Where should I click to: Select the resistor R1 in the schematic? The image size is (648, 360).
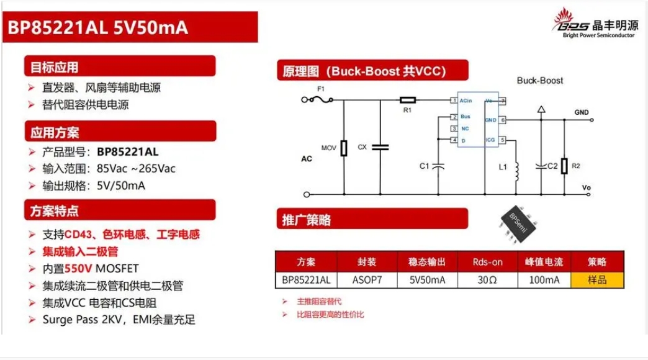(x=408, y=99)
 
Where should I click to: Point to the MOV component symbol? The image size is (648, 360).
(x=343, y=149)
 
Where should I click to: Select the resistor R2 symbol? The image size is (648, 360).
(x=564, y=166)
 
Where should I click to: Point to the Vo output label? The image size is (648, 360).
(x=586, y=187)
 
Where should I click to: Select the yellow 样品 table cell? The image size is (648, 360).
(x=597, y=279)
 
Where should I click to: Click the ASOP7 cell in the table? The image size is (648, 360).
(x=367, y=279)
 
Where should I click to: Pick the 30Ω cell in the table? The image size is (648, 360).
(x=487, y=279)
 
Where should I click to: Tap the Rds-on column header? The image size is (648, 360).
(x=487, y=261)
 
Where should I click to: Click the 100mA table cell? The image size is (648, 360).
(x=544, y=279)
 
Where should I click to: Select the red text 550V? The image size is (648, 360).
(x=79, y=269)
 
